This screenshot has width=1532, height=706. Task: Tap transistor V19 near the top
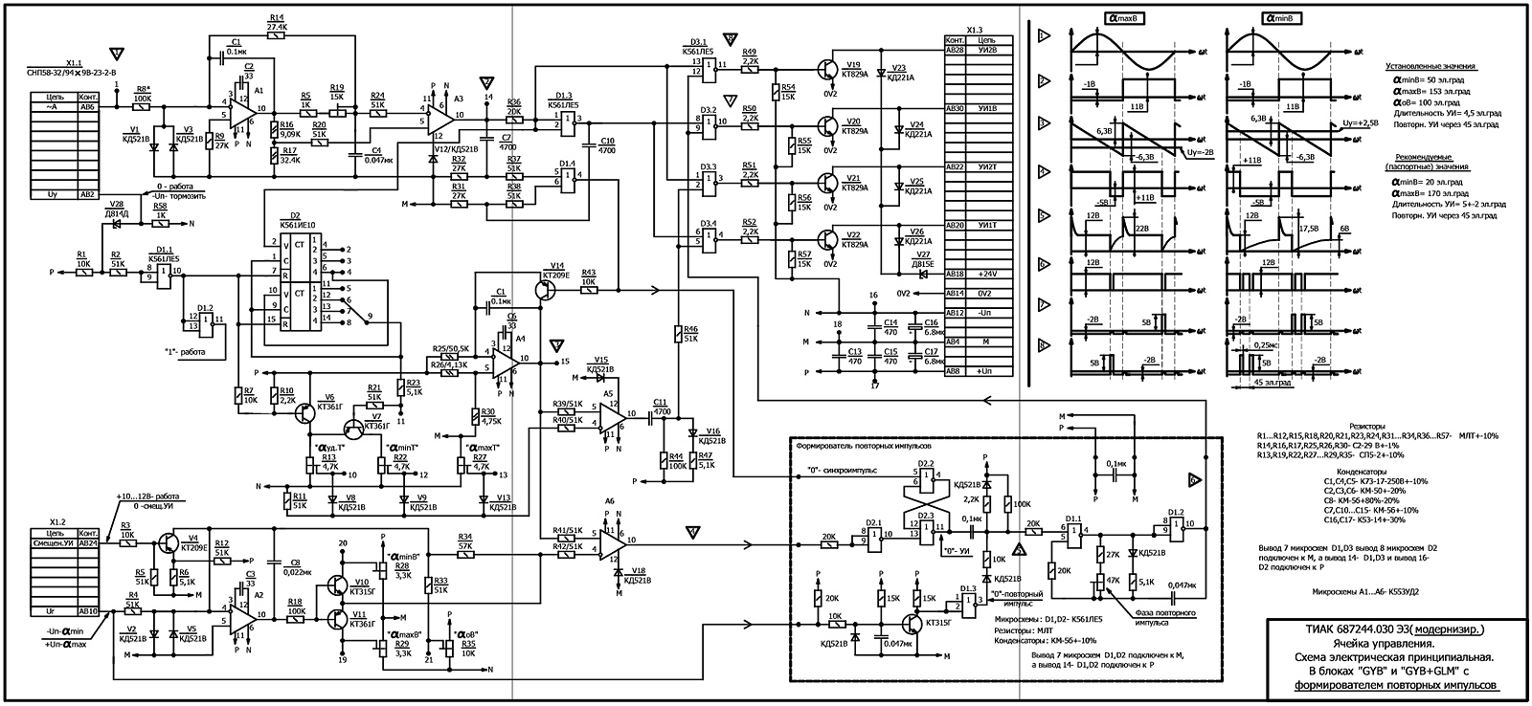coord(827,69)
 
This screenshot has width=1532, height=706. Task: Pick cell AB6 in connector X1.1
coord(88,107)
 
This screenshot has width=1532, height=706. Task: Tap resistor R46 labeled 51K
coord(679,334)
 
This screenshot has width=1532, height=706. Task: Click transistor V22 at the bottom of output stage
coord(827,239)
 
